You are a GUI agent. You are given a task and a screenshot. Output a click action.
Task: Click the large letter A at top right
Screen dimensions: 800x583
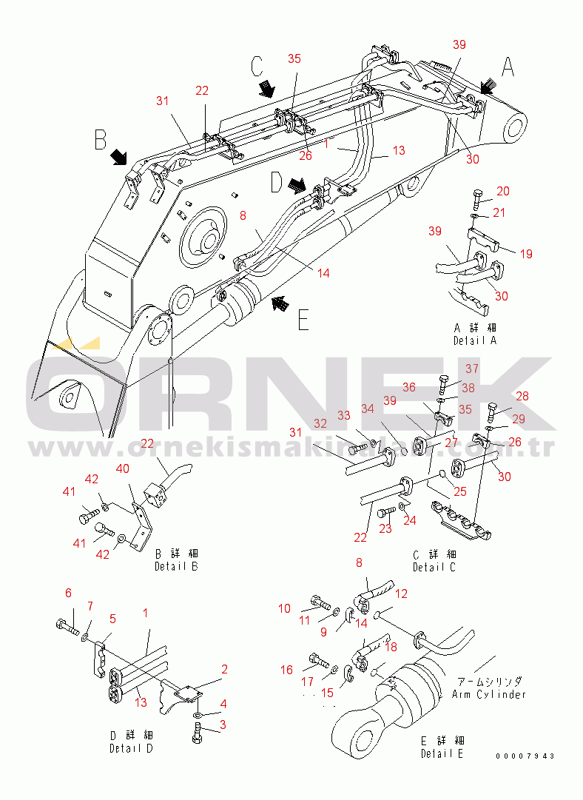click(508, 67)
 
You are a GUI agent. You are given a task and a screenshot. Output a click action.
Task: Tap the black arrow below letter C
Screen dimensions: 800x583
click(266, 90)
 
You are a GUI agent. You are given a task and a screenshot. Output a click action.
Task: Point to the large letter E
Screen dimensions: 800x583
click(303, 320)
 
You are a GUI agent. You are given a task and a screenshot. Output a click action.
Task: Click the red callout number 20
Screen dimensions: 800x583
click(503, 192)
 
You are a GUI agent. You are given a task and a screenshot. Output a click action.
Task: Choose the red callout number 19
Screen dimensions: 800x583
click(525, 254)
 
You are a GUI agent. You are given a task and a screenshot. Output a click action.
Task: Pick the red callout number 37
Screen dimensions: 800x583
click(471, 369)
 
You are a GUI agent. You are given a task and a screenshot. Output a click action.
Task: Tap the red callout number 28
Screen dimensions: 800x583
click(522, 397)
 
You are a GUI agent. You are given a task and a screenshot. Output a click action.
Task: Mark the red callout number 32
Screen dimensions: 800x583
click(320, 423)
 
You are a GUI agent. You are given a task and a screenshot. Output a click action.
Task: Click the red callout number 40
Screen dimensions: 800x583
click(123, 468)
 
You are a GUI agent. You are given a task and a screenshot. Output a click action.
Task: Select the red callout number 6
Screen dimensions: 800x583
click(68, 593)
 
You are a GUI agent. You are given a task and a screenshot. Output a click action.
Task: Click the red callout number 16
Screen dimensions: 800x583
click(286, 670)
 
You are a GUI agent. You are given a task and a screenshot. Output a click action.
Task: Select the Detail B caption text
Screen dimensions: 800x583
click(176, 566)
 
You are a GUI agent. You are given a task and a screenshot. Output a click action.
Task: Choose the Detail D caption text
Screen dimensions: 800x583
click(131, 748)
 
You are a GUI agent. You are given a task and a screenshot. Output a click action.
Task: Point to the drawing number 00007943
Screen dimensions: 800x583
click(526, 756)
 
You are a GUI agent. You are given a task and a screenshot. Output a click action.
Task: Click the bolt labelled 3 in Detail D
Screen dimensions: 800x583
click(198, 734)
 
